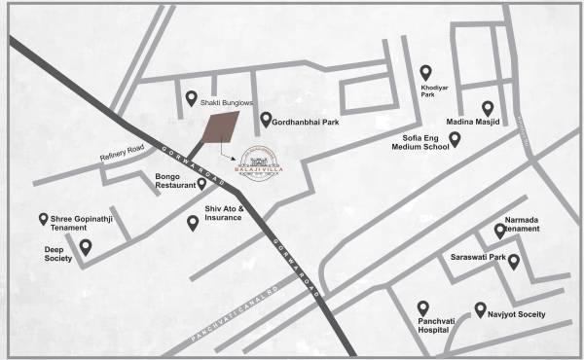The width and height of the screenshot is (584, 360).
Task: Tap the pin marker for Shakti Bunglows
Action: [192, 97]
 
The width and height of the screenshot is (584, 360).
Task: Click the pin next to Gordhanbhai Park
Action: [266, 120]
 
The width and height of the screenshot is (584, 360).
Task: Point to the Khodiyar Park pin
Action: [425, 72]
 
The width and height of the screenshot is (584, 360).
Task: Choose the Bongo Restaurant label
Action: [172, 182]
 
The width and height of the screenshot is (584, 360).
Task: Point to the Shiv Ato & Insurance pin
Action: [193, 223]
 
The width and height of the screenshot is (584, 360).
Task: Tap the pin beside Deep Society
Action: [86, 248]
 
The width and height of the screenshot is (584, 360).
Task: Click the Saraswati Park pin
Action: [514, 261]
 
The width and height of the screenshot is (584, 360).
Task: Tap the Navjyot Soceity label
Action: [517, 315]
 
